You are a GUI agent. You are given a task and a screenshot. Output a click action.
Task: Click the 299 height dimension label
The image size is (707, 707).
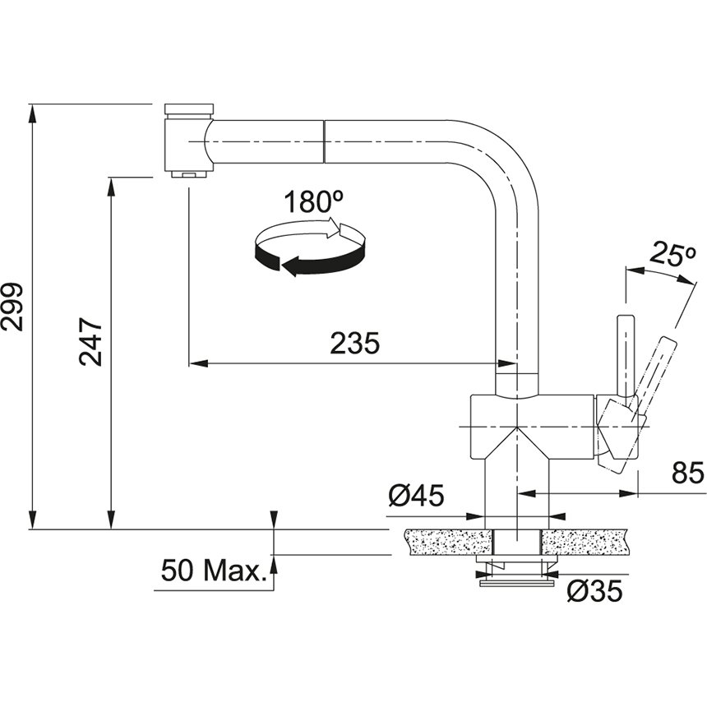point(12,307)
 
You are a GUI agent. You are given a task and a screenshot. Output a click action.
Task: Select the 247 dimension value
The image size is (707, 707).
point(90,341)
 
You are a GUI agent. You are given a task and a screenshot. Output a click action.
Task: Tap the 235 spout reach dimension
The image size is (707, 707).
point(355,344)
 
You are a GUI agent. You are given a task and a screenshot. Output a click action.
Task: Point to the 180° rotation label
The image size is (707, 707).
point(313,201)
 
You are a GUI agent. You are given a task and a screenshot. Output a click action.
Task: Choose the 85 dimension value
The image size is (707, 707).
point(687,473)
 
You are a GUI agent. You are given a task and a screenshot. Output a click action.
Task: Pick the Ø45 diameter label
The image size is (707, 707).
point(416,496)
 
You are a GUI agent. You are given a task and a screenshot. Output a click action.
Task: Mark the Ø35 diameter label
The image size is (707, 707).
point(594,590)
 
